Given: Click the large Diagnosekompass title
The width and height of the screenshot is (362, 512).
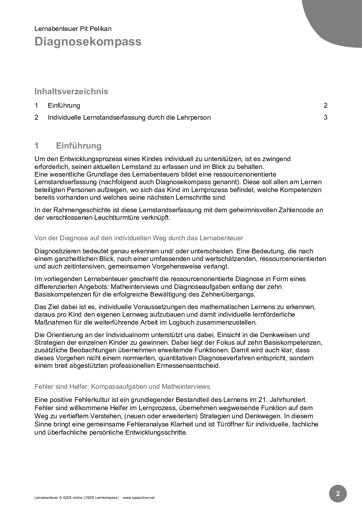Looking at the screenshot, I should point(88,41).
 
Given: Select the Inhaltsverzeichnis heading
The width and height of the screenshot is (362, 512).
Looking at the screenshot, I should point(71,91).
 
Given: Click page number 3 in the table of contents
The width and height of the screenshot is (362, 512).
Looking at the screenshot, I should point(326,117).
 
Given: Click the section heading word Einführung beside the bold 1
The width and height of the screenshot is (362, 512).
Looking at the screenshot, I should point(79,146).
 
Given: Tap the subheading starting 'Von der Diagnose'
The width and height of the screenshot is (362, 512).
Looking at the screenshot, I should point(139,238).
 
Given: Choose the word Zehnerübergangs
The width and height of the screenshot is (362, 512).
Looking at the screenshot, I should point(228,294).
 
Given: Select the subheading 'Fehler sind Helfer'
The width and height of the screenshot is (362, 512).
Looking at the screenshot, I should point(122,386).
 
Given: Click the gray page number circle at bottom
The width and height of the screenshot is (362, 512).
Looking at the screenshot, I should point(338,494).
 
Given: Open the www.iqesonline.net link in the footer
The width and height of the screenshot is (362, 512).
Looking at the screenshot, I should point(139,498).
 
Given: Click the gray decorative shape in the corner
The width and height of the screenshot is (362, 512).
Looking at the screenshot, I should point(336,20).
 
